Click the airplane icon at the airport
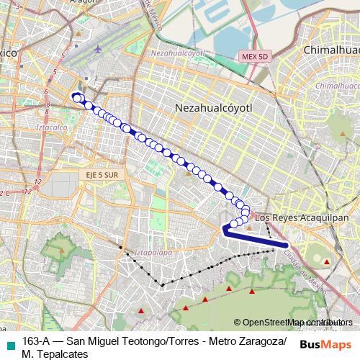pyautogui.click(x=97, y=50)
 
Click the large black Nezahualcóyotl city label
pyautogui.click(x=216, y=107)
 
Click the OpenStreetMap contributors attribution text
pyautogui.click(x=296, y=323)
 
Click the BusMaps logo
pyautogui.click(x=325, y=345)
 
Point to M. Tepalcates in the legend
pyautogui.click(x=55, y=354)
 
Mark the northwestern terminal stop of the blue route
pyautogui.click(x=76, y=98)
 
